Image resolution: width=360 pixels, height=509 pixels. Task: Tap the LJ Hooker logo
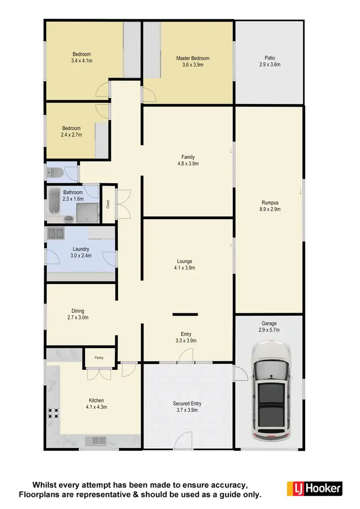point(314,488)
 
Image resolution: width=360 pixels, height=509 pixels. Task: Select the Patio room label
point(269,58)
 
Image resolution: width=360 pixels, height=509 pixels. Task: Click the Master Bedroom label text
point(192,59)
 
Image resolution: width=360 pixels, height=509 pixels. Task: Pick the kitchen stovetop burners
point(52,414)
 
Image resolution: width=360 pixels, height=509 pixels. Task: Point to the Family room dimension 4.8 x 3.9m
point(188,164)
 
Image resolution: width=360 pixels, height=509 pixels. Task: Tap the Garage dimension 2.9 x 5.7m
point(268,330)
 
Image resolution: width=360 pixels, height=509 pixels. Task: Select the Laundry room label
point(81,249)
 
